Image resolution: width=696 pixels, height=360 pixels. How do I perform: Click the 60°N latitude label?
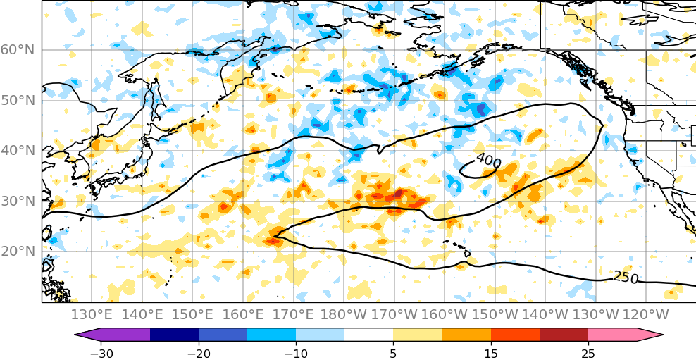coord(18,50)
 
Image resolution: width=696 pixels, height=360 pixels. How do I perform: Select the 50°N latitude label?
coord(18,101)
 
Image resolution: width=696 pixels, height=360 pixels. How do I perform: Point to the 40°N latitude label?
coord(18,151)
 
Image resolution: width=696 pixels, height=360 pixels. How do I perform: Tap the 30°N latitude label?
coord(18,201)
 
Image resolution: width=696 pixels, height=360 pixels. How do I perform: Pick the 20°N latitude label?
coord(18,252)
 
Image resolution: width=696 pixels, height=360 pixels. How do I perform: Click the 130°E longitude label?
coord(92,314)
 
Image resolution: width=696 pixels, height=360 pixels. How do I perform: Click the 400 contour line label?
coord(488,162)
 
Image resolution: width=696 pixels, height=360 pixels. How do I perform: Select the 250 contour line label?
coord(626,278)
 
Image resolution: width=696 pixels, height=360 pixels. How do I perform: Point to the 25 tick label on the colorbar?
coord(588,352)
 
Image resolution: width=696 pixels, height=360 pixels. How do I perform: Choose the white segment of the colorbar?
coord(368,335)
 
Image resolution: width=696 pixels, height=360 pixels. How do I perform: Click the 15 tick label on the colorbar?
coord(491,352)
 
